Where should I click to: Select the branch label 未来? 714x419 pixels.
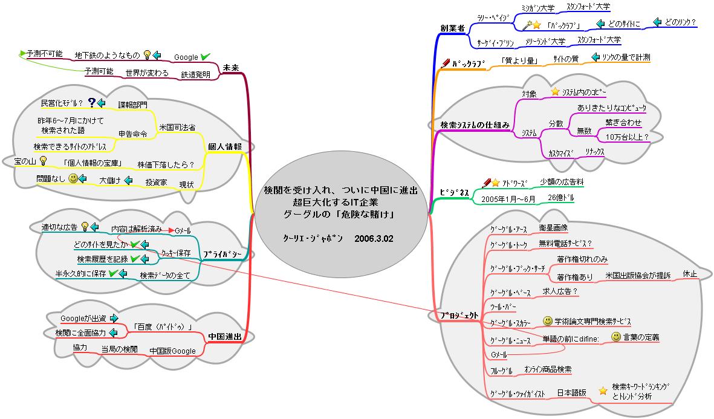[230, 67]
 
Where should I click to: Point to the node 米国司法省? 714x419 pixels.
[177, 128]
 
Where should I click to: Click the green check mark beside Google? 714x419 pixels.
[206, 56]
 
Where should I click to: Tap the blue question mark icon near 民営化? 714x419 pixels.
[92, 103]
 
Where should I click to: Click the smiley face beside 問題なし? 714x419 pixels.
[73, 179]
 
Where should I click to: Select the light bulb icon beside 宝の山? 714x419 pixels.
[43, 161]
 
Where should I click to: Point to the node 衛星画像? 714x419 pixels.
[553, 227]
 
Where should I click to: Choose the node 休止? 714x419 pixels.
[690, 274]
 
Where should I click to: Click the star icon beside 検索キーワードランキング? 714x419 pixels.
[602, 391]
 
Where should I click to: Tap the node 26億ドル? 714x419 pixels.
[561, 198]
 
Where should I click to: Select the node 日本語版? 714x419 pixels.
[571, 392]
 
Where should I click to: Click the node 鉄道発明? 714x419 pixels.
[195, 75]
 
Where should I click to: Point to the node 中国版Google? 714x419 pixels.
[172, 351]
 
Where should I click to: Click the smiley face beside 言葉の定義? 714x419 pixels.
[615, 336]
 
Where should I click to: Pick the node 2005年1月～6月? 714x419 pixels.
[508, 198]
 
